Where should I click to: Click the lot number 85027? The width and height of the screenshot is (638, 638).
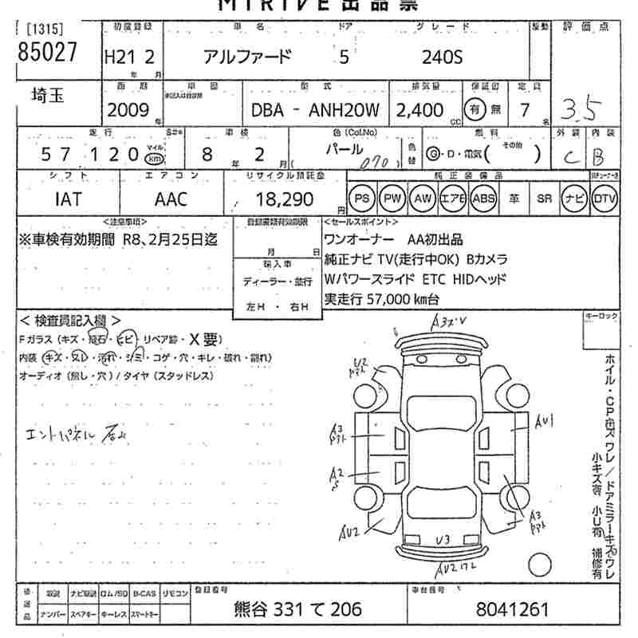coord(47,52)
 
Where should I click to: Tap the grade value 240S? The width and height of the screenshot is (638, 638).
coord(443,57)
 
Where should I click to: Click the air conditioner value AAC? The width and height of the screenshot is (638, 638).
coord(171,199)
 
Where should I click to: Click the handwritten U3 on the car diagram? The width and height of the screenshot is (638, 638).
coord(443,540)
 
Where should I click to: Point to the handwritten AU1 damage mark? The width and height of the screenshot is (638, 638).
coord(545,420)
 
